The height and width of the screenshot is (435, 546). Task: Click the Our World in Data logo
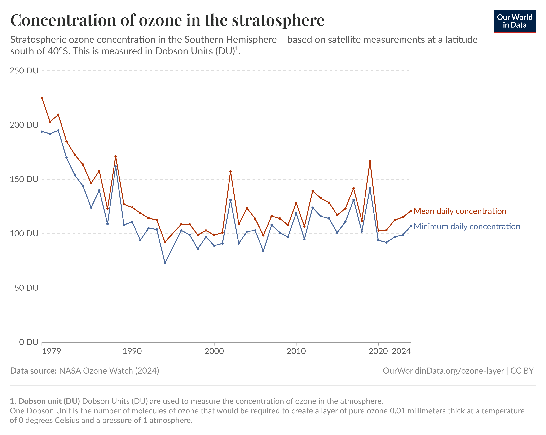coord(514,22)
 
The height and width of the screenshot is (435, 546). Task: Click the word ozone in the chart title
coord(160,20)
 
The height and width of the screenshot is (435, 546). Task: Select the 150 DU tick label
coord(24,179)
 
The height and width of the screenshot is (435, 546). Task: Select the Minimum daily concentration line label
coord(467,226)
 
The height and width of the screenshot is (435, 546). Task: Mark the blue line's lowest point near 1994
coord(165,263)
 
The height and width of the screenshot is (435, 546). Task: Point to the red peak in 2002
coord(230,171)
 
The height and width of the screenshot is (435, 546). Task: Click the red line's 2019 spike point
coord(370,161)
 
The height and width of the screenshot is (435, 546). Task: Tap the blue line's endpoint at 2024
coord(411,226)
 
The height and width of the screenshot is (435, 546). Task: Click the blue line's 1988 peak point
coord(116,166)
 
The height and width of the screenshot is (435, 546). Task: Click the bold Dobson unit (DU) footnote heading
coord(45,401)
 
